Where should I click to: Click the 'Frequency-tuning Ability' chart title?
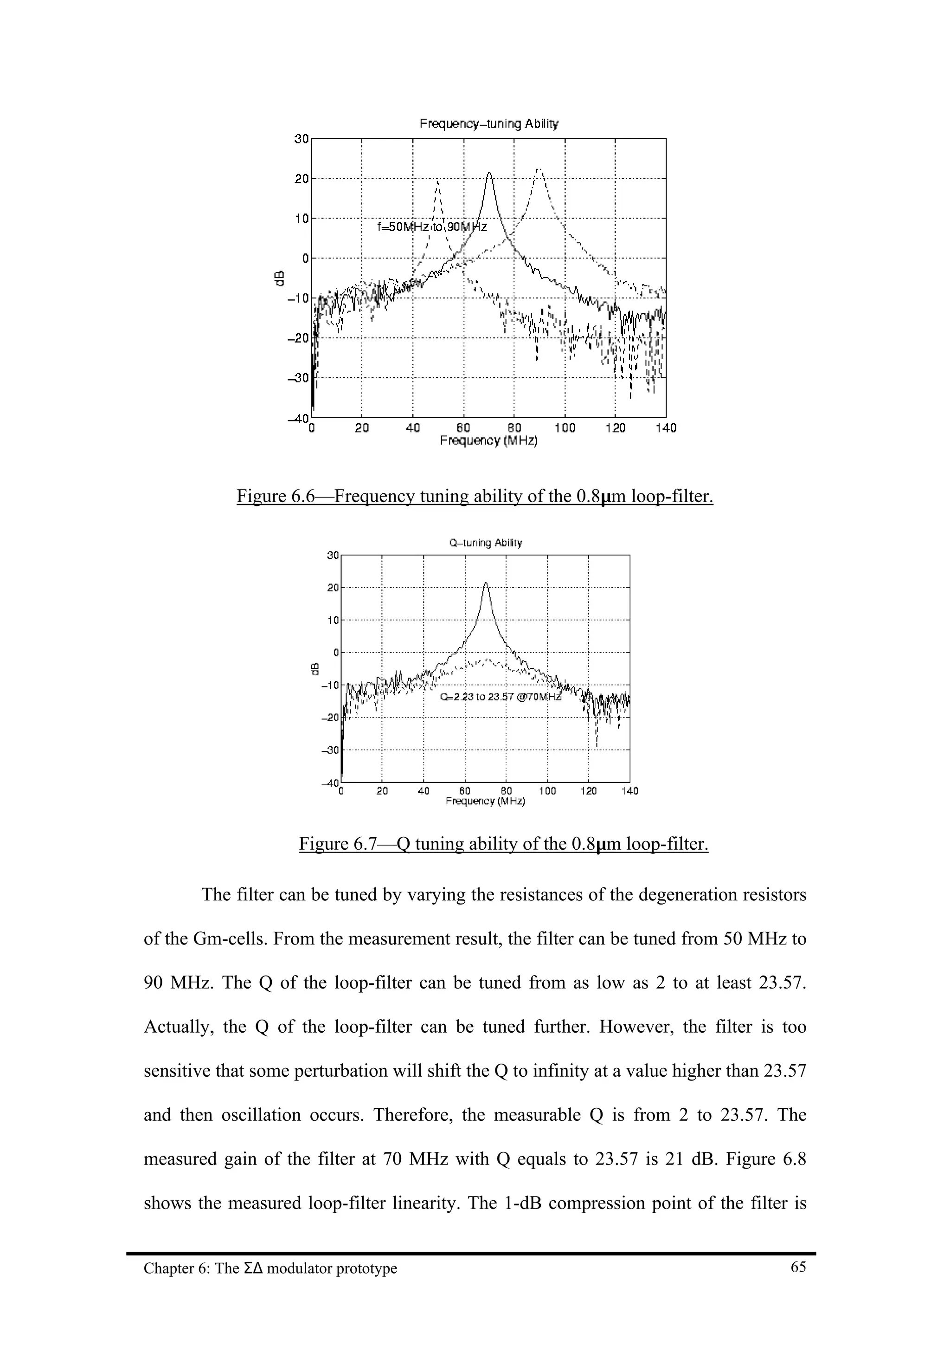click(489, 123)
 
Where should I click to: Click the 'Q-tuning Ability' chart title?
click(485, 543)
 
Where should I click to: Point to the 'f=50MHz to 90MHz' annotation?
click(432, 226)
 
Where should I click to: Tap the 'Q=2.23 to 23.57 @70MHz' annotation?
click(501, 697)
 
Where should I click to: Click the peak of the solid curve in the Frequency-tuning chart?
click(489, 173)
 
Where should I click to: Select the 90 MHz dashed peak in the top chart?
click(539, 169)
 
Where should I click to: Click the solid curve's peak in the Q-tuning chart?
click(485, 583)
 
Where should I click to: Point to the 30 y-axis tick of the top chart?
click(302, 139)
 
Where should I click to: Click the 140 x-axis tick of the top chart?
click(666, 428)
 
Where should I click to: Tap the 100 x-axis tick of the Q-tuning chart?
click(547, 791)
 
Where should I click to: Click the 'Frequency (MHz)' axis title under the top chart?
click(489, 440)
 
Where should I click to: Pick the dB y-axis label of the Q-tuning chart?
click(315, 668)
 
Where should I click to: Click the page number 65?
click(798, 1267)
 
